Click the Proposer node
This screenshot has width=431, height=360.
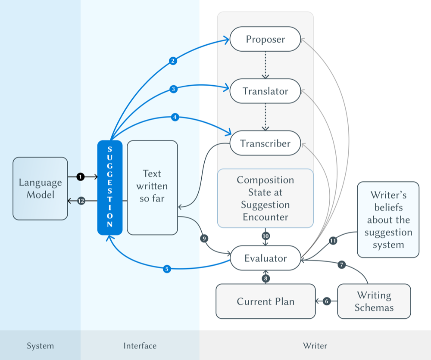pos(265,39)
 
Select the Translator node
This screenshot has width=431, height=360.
pos(265,91)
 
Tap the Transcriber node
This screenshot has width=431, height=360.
pos(265,143)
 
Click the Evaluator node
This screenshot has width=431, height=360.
pos(265,258)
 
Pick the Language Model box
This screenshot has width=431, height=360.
pos(40,189)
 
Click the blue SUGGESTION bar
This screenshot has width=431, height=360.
pos(110,188)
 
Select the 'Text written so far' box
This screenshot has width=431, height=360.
pos(152,187)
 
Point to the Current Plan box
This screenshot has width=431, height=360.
pos(265,301)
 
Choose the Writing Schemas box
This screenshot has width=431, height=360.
pos(374,301)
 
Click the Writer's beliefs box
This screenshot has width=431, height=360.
pos(388,220)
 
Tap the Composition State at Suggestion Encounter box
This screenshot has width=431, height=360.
pos(265,198)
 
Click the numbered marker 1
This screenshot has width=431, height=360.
pos(80,177)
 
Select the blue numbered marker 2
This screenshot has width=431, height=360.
pos(173,61)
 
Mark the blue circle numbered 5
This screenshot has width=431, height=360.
pos(167,269)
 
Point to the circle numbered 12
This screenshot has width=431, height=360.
pos(80,201)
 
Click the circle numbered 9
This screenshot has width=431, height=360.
pos(204,238)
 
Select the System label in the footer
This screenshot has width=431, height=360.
pos(40,346)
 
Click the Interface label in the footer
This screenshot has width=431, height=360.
pos(140,346)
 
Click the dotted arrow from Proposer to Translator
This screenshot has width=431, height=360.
pos(265,65)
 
